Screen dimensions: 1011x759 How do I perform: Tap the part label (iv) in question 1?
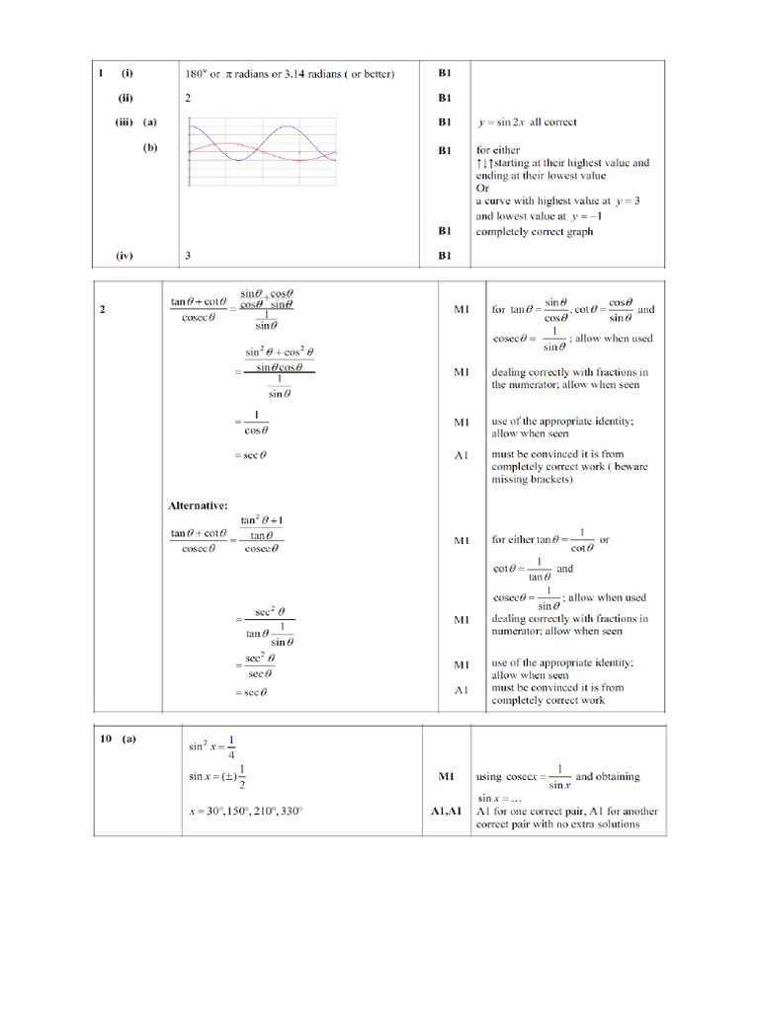click(125, 255)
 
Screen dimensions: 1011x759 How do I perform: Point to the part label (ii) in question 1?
click(126, 98)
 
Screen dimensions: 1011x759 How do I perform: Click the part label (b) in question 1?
click(150, 149)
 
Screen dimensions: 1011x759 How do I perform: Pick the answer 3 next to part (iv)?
click(188, 255)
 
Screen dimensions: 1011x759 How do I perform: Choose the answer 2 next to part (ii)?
click(188, 98)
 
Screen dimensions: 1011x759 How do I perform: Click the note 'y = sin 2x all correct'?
click(526, 122)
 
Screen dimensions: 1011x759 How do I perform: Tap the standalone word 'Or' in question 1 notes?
click(482, 188)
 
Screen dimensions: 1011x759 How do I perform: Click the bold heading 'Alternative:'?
click(198, 505)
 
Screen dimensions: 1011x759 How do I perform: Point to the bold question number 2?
click(103, 309)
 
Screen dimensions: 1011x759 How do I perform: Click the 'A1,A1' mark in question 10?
click(446, 811)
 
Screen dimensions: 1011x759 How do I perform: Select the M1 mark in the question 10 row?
click(446, 777)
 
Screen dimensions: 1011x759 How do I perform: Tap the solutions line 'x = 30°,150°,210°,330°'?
click(245, 811)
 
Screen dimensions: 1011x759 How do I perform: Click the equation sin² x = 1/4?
click(212, 748)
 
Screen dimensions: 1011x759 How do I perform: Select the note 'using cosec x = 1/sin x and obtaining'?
click(557, 776)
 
